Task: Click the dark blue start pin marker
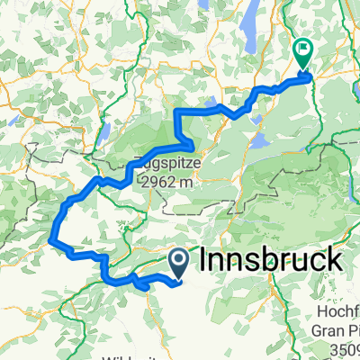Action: pos(178,263)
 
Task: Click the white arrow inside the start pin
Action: pos(178,261)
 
